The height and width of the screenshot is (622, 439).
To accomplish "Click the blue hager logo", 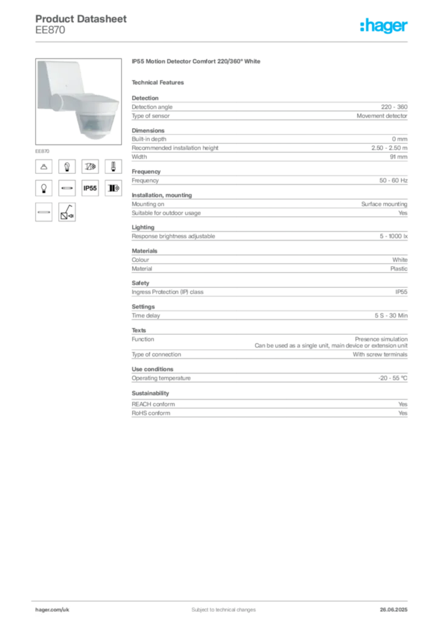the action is tap(384, 26).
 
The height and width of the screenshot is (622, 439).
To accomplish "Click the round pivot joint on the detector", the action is tap(62, 101).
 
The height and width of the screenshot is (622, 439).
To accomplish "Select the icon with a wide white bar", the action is tap(44, 213).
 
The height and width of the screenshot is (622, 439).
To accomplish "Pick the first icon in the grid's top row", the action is tap(44, 166).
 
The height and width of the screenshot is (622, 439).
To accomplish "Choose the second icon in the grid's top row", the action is tap(67, 166).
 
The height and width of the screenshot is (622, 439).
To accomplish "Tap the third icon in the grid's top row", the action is tap(90, 166).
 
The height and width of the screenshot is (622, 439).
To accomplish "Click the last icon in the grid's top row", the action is tap(113, 166).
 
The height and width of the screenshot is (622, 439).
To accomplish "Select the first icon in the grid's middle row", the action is tap(44, 189).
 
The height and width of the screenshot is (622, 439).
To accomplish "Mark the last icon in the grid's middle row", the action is tap(113, 189).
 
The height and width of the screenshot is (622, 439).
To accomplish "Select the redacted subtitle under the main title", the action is tap(160, 82).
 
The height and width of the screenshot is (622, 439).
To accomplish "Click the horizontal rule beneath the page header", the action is tap(223, 41).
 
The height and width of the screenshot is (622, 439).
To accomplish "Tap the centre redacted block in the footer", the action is tap(218, 606).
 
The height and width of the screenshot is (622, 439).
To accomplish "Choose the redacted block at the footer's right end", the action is tap(395, 605).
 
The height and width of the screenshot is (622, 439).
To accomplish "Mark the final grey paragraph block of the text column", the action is tap(269, 405).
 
